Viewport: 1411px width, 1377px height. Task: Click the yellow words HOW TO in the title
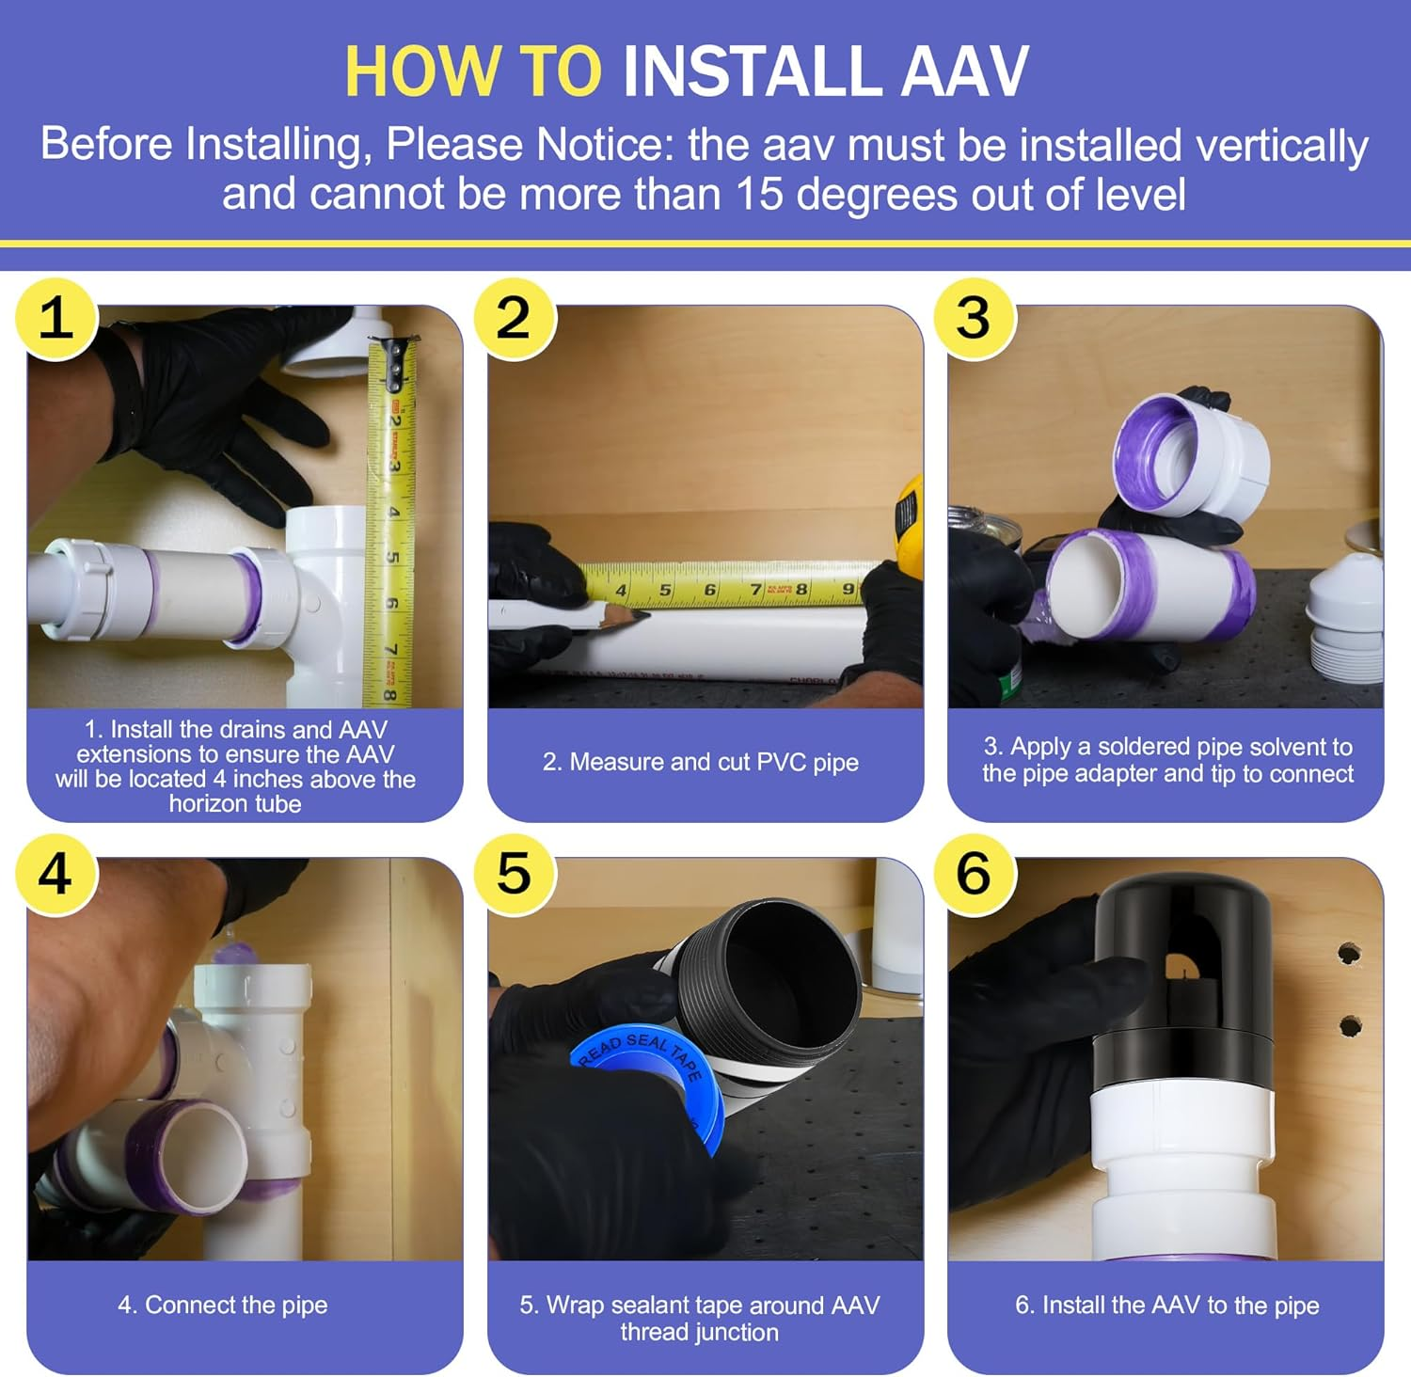473,71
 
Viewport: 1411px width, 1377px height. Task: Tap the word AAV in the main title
965,71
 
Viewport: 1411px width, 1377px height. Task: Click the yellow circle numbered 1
56,318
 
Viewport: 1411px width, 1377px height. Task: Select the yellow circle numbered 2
515,318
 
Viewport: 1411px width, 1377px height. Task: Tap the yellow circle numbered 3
975,318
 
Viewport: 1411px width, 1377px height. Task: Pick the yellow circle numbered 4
56,873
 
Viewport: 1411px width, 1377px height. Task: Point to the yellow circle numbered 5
515,873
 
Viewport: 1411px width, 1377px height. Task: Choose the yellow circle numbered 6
975,873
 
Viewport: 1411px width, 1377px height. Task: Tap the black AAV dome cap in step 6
1182,978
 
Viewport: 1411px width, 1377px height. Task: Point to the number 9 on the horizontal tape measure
847,590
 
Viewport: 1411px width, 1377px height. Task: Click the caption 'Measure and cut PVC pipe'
701,762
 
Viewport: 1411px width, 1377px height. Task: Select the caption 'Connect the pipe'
223,1305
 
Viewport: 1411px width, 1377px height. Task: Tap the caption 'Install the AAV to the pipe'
1167,1305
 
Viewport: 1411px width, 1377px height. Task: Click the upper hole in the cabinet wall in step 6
1350,954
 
